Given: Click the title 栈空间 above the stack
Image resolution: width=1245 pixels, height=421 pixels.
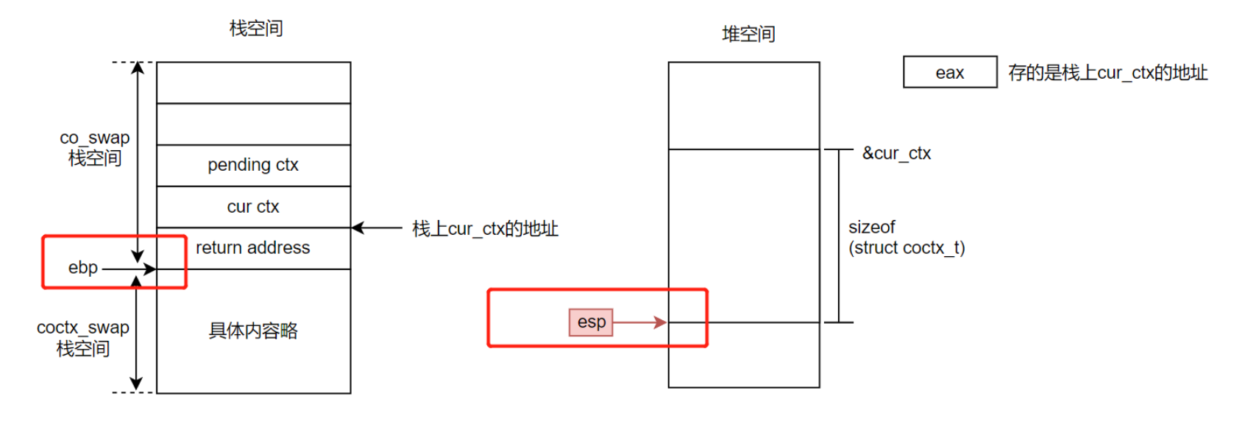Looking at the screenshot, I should pos(256,29).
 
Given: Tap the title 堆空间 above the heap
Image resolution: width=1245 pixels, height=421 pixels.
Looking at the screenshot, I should pos(748,34).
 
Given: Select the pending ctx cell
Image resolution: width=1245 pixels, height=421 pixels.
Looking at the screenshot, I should pos(253,165).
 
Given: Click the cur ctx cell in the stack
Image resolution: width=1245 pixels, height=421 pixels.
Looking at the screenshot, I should pos(253,207).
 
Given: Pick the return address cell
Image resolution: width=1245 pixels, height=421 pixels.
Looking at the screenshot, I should pos(253,248).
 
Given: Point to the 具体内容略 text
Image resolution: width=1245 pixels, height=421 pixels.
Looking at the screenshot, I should pos(253,330).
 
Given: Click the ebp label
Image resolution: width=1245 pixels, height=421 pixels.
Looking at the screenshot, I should pos(83,268).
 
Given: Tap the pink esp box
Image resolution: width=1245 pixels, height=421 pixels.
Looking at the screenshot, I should pos(591,322).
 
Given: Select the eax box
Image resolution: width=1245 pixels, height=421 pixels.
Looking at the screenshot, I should pos(950,72).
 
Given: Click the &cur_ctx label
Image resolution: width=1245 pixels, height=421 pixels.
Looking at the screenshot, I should pos(896,153).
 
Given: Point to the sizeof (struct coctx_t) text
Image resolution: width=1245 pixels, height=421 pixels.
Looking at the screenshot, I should pos(907,238).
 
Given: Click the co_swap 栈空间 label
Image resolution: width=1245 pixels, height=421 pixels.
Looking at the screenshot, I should pos(95,148).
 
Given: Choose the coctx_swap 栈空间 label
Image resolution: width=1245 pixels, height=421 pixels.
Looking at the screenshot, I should pos(83,338).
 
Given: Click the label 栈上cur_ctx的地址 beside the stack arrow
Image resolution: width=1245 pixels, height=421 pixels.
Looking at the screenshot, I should pos(485,229).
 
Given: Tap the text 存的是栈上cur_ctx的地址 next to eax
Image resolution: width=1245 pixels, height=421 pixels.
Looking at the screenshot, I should pos(1107,73).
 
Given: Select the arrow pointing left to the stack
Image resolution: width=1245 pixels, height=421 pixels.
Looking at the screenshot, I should pos(377,228).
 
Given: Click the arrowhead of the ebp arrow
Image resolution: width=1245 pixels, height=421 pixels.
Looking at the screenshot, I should pos(150,269).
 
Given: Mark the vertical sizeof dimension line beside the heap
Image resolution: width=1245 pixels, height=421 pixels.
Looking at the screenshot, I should pos(839,236).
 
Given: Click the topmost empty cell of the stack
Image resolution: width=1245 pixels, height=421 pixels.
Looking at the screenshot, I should pos(253,82).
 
